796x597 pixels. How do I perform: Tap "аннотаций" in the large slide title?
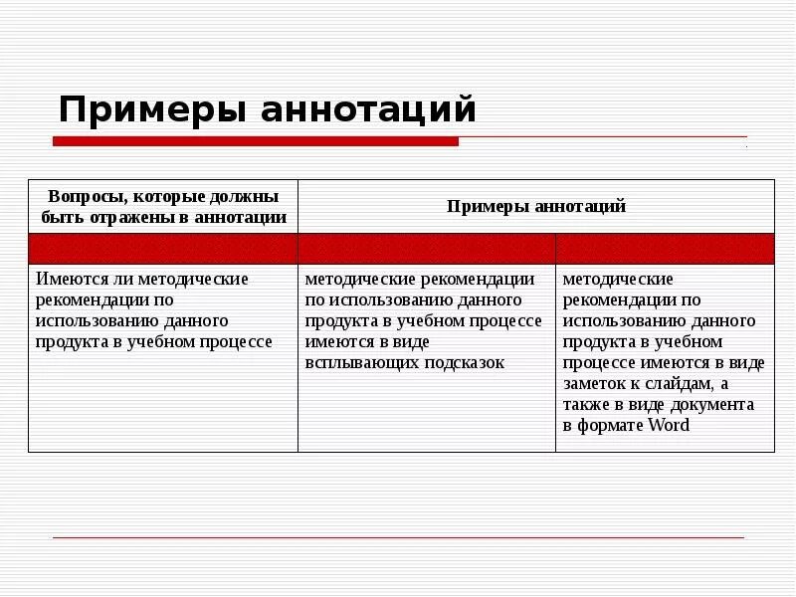[368, 108]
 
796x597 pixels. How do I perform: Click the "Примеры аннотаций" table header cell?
[536, 206]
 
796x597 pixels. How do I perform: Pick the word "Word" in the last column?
[669, 425]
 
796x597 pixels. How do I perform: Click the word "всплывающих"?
[359, 362]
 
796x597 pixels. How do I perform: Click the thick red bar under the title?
[255, 142]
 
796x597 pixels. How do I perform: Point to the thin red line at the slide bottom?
[398, 537]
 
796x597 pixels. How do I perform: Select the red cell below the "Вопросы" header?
[163, 249]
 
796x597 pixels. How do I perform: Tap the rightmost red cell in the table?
[665, 249]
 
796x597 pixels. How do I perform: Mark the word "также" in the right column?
[587, 404]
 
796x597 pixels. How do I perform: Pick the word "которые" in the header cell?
[169, 196]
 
